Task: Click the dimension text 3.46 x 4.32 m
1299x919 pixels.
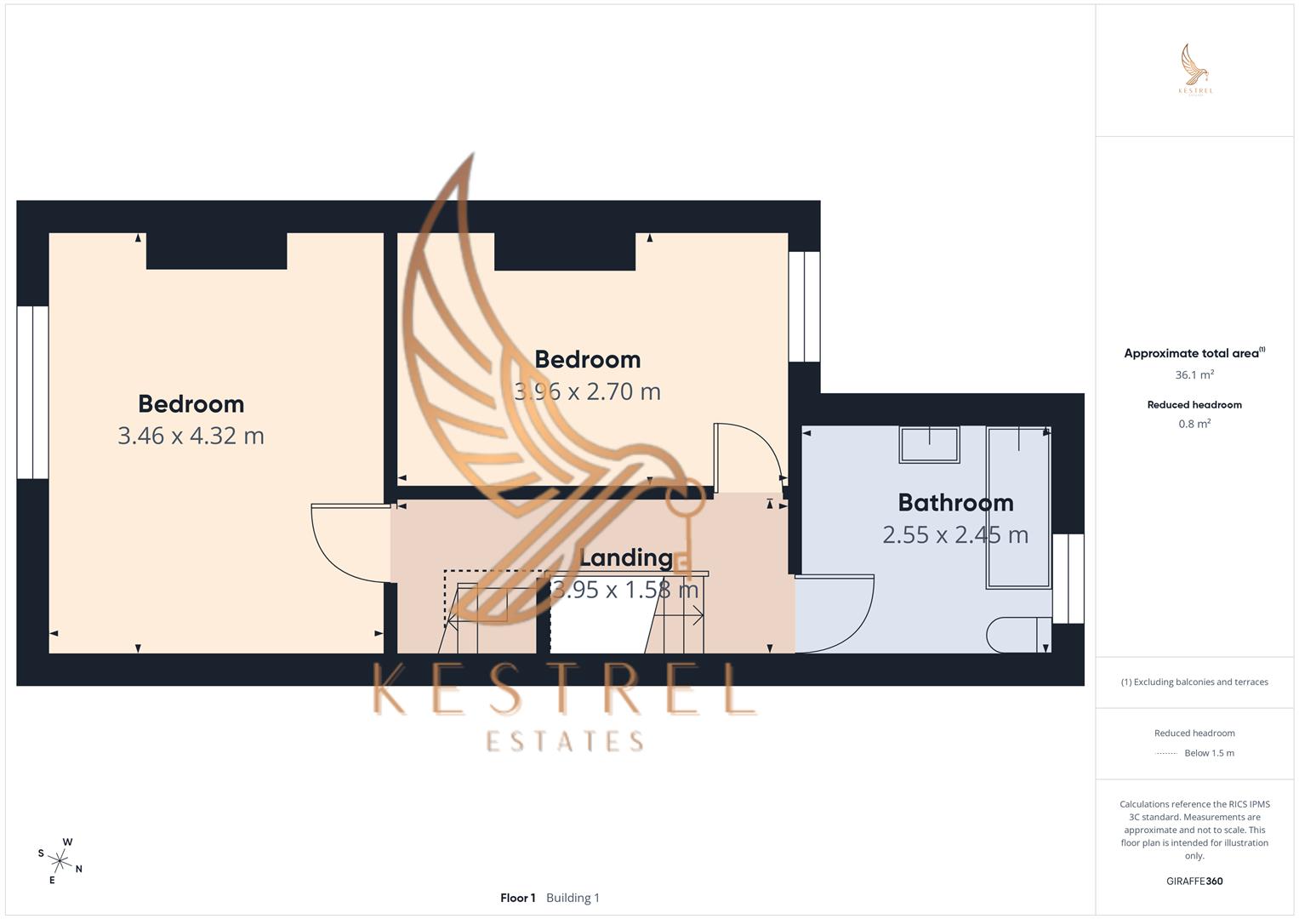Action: tap(191, 436)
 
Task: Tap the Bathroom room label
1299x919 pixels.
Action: tap(955, 503)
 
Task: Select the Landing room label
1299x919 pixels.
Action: tap(626, 558)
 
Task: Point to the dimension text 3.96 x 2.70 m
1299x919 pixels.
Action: tap(587, 391)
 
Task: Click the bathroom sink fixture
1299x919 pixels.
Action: tap(929, 444)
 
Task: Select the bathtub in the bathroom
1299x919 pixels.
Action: tap(1018, 507)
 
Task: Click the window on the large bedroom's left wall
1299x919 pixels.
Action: tap(32, 391)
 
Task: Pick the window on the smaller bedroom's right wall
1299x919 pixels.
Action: tap(804, 306)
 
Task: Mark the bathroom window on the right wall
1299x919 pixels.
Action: tap(1068, 579)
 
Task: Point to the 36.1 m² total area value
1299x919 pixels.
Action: tap(1194, 374)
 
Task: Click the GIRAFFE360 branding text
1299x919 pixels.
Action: tap(1194, 882)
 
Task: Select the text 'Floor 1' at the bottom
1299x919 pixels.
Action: tap(518, 898)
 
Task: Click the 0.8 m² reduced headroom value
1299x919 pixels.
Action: tap(1194, 424)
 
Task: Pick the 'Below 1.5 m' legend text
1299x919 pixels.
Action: tap(1209, 753)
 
